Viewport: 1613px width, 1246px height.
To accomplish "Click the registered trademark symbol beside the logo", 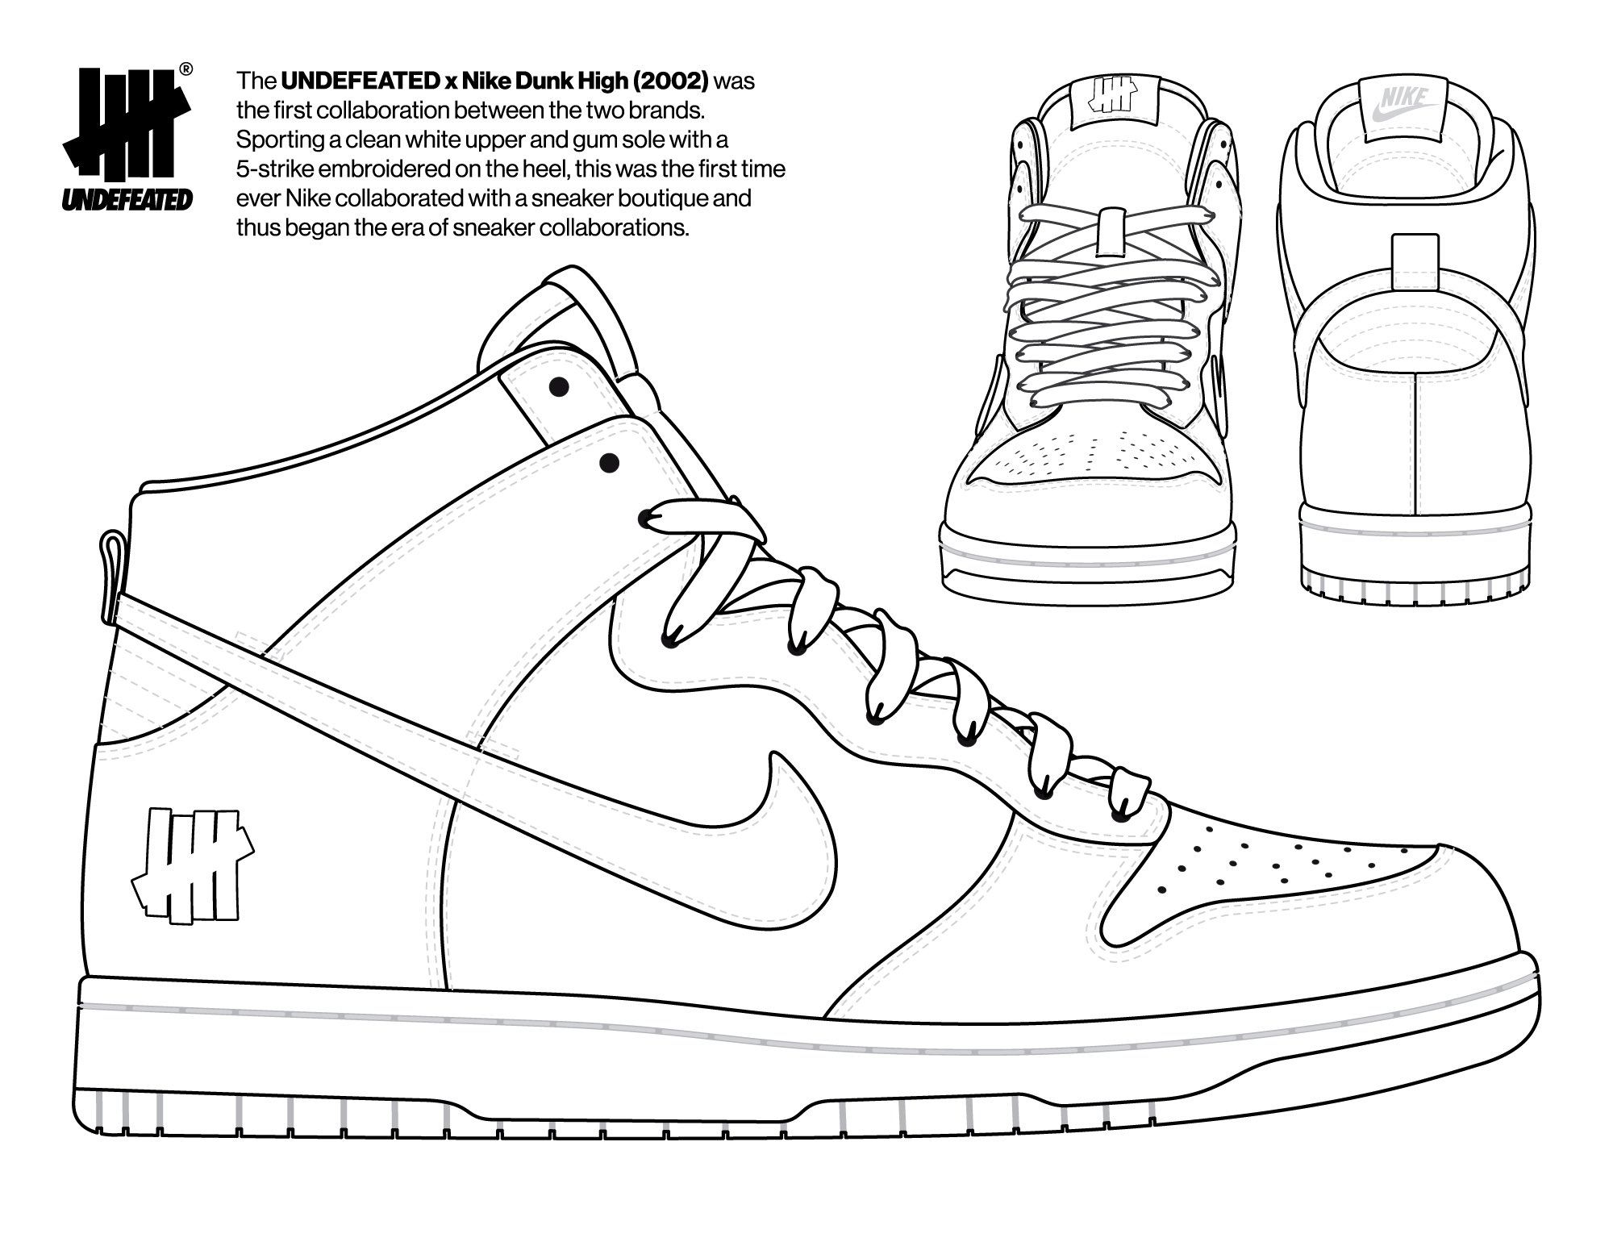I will (x=185, y=69).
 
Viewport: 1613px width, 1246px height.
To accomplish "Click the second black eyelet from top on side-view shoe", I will (x=610, y=463).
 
